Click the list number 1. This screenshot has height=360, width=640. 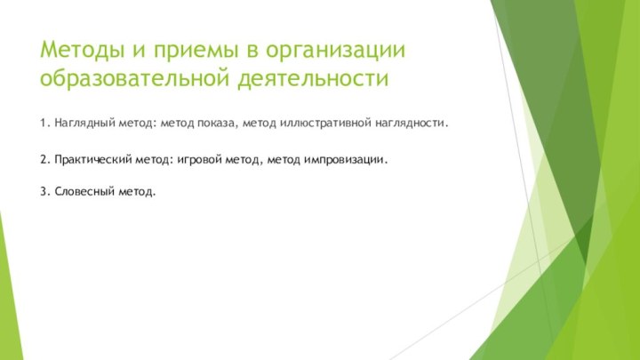point(44,121)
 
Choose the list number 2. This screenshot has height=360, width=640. point(44,160)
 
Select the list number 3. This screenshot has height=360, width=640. point(44,191)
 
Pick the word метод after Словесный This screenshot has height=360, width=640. point(136,191)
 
